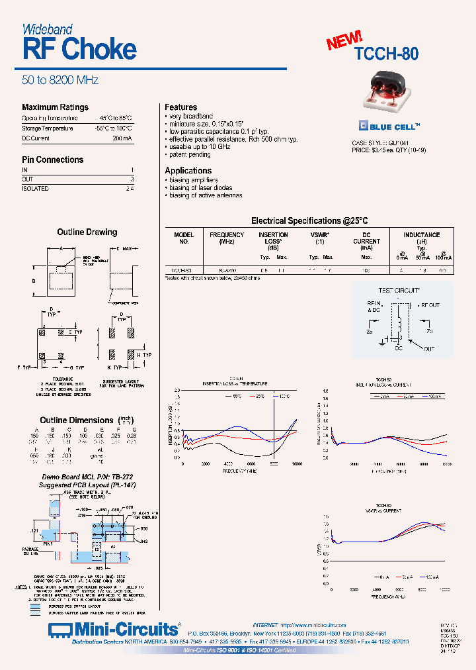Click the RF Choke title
79,50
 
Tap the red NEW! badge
344,40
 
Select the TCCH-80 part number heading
386,54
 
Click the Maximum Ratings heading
55,107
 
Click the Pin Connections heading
52,160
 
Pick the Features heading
180,107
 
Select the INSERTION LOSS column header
273,238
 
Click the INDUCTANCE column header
422,235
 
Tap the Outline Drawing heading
87,232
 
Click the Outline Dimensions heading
77,420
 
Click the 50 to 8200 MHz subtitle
60,80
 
